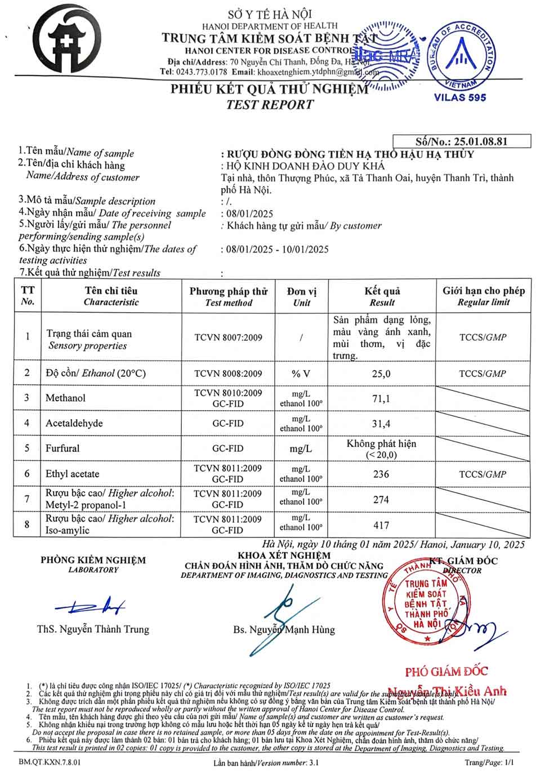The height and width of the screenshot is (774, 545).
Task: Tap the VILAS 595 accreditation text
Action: point(459,97)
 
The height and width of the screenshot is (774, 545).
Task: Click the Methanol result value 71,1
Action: point(381,399)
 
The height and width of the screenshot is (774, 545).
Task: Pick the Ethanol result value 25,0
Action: point(381,373)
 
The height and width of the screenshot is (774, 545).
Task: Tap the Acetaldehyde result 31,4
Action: point(381,424)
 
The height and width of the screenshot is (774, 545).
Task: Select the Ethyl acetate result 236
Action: point(381,474)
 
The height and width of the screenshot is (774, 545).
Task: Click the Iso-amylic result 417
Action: point(381,525)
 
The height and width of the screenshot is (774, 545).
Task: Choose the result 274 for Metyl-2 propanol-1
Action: point(381,500)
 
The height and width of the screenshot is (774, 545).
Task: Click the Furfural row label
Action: point(62,448)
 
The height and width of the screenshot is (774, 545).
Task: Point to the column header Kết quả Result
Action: point(382,296)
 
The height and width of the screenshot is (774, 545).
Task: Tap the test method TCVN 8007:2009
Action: point(228,337)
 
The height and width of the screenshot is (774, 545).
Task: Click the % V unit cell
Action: point(301,373)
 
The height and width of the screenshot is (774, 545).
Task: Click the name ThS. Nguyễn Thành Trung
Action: point(93,629)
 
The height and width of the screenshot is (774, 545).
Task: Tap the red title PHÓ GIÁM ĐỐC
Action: point(446,671)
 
